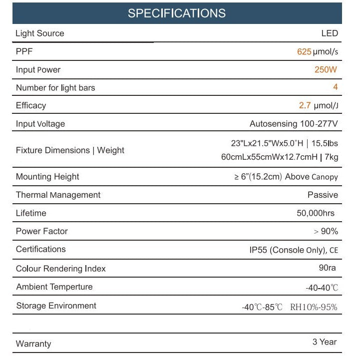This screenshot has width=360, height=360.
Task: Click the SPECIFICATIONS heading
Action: pyautogui.click(x=176, y=13)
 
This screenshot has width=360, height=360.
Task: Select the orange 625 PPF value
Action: pyautogui.click(x=304, y=52)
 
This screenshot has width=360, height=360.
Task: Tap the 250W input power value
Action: pyautogui.click(x=326, y=70)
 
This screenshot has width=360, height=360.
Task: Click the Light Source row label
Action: pyautogui.click(x=40, y=33)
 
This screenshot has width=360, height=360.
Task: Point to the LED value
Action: pyautogui.click(x=330, y=33)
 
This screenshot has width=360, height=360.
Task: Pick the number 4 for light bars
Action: pyautogui.click(x=336, y=87)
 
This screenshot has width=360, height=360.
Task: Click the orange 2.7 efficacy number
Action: pyautogui.click(x=305, y=105)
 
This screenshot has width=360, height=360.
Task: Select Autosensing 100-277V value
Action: pyautogui.click(x=294, y=124)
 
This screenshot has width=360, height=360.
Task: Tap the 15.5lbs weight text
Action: pyautogui.click(x=325, y=144)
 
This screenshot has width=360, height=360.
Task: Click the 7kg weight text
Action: pyautogui.click(x=331, y=157)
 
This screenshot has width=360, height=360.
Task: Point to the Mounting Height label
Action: pyautogui.click(x=47, y=177)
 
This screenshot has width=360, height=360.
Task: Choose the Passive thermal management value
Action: pyautogui.click(x=323, y=195)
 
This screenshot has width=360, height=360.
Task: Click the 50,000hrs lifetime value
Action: pyautogui.click(x=316, y=213)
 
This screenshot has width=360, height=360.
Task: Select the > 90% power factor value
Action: pyautogui.click(x=326, y=231)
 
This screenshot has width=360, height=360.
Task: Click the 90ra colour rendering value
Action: pyautogui.click(x=327, y=268)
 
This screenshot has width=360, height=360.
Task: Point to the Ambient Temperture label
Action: pyautogui.click(x=54, y=287)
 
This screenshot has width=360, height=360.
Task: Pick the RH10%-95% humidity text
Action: pyautogui.click(x=314, y=307)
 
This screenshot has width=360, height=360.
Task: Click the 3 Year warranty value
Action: pyautogui.click(x=325, y=342)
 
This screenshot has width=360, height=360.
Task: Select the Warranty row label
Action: pyautogui.click(x=33, y=344)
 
